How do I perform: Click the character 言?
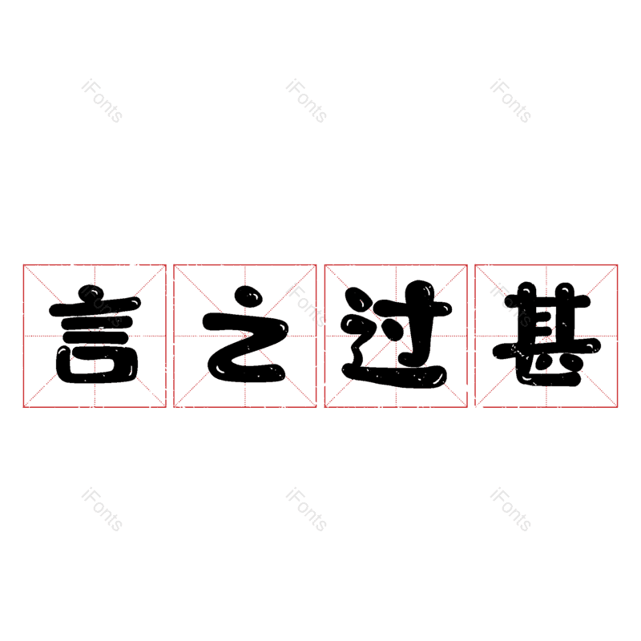[x=95, y=334]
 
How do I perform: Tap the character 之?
[x=246, y=334]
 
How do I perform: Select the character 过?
[x=396, y=334]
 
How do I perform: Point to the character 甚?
[x=546, y=334]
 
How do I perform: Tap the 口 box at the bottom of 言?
[x=97, y=365]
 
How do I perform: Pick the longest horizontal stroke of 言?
[x=95, y=307]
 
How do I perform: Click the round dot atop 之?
[x=248, y=296]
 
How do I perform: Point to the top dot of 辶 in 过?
[x=357, y=299]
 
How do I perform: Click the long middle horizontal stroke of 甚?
[x=546, y=347]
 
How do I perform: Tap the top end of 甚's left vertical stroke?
[x=527, y=285]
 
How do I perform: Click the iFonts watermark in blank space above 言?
[x=102, y=101]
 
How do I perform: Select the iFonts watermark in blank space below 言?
[x=102, y=510]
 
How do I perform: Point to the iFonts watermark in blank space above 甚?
[x=510, y=101]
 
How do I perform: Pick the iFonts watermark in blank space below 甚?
[x=510, y=510]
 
